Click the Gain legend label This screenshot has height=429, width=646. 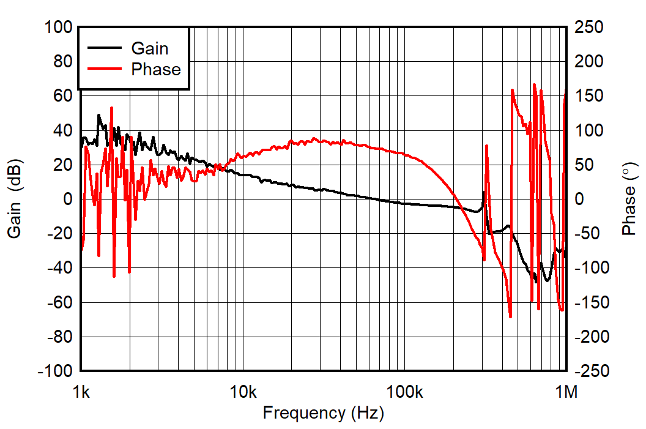[150, 48]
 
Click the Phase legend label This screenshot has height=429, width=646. [156, 70]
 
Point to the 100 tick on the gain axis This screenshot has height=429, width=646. [59, 28]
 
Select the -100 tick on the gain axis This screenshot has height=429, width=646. [56, 371]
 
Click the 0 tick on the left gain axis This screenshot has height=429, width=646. [68, 200]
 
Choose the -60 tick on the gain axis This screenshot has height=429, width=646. [60, 303]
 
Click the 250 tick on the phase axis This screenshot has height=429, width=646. [588, 28]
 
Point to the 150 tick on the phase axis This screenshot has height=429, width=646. [588, 96]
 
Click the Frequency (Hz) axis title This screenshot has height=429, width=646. [324, 413]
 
